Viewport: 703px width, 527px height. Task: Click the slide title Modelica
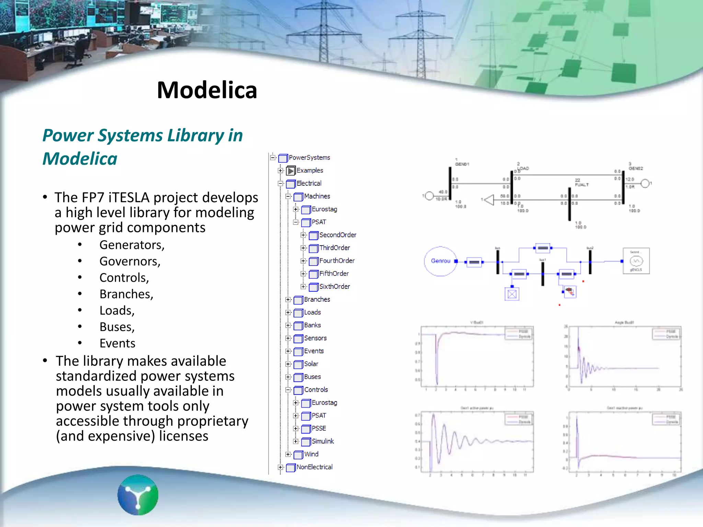tap(207, 90)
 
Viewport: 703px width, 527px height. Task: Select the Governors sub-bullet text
tap(130, 261)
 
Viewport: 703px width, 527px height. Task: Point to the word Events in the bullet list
tap(117, 343)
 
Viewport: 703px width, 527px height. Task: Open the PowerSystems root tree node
tap(309, 157)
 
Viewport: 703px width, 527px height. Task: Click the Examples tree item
tap(309, 171)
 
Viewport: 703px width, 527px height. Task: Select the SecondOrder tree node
tap(337, 235)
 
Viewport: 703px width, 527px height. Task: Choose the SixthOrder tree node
tap(334, 286)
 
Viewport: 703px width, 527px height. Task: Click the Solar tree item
tap(311, 364)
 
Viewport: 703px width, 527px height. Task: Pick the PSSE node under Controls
tap(319, 429)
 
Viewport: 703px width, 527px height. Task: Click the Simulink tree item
tap(322, 441)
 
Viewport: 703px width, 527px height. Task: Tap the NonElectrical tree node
tap(314, 467)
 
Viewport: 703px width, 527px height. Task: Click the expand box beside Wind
tap(288, 454)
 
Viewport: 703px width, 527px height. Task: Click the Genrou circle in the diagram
tap(440, 261)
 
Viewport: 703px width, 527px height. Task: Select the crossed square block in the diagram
tap(512, 294)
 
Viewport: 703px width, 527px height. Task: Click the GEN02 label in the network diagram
tap(635, 168)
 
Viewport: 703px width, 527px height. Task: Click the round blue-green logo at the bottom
tap(138, 494)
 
